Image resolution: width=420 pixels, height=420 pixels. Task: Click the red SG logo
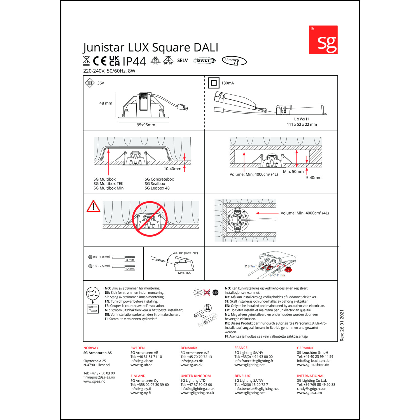click(323, 40)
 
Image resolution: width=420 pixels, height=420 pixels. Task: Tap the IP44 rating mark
click(134, 61)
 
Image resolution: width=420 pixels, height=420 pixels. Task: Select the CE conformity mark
click(100, 61)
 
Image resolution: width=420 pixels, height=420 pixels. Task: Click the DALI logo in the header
click(204, 60)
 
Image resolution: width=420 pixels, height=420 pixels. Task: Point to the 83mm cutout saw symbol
click(234, 61)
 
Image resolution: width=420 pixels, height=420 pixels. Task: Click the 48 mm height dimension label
click(106, 103)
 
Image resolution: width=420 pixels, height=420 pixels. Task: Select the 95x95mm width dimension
click(146, 125)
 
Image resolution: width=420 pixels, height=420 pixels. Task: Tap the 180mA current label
click(228, 83)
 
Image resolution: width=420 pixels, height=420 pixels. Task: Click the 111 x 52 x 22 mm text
click(302, 125)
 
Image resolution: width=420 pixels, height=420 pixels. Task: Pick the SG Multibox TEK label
click(108, 184)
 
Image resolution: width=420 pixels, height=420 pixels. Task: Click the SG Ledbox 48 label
click(157, 188)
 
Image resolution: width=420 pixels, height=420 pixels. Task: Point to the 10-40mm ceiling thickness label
click(172, 169)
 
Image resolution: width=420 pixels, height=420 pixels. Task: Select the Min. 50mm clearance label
click(293, 172)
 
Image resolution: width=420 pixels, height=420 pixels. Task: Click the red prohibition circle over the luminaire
click(150, 219)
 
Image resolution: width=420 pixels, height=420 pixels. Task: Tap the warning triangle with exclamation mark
click(93, 207)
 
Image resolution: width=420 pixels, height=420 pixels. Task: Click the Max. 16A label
click(184, 273)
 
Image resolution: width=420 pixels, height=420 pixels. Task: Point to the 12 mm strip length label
click(130, 269)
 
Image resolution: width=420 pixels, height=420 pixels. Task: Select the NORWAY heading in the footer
click(91, 348)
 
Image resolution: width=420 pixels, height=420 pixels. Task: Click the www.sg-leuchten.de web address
click(313, 365)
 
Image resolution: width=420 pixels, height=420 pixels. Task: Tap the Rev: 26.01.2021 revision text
click(342, 325)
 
